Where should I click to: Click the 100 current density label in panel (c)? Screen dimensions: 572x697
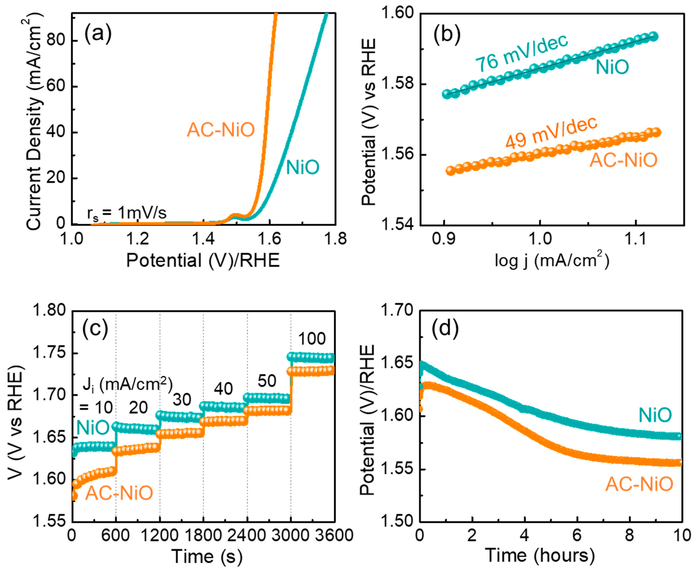[311, 339]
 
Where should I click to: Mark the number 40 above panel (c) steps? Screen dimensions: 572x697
[223, 389]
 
